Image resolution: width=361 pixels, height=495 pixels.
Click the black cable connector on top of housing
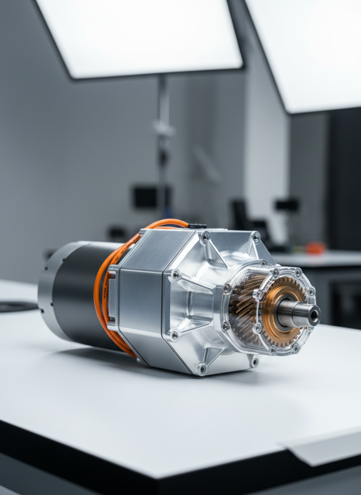click(197, 226)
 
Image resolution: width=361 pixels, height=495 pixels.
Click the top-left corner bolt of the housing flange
click(205, 237)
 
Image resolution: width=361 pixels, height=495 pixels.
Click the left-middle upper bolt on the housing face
click(176, 274)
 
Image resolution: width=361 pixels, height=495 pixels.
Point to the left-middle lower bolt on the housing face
click(174, 334)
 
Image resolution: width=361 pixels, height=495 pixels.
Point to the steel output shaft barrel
click(295, 314)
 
